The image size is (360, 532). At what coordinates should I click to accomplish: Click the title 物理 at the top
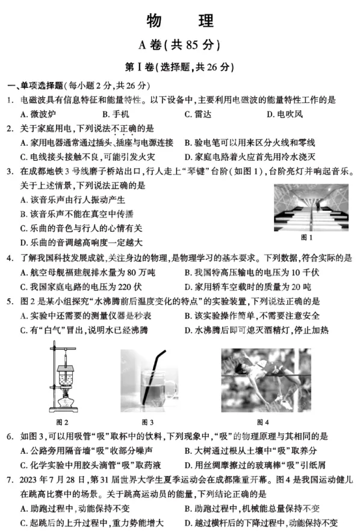coord(180,21)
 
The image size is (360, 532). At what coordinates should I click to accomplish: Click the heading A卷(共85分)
coord(179,45)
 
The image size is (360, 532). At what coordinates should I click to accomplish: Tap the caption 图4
coord(262,421)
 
